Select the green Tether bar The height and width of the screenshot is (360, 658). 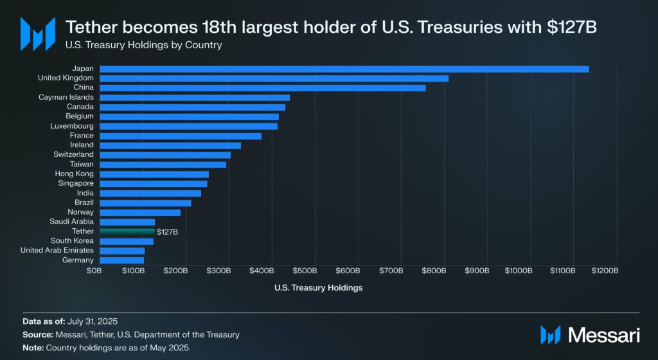click(x=127, y=231)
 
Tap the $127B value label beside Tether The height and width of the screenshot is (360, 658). click(x=167, y=231)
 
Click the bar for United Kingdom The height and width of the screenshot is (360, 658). click(x=274, y=78)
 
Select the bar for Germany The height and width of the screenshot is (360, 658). click(x=121, y=260)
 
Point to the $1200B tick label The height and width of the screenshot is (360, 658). click(x=604, y=271)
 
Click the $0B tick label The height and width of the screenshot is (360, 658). click(x=94, y=271)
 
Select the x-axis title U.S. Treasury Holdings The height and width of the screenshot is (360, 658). click(x=318, y=288)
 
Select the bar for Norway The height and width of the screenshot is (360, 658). click(x=140, y=212)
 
